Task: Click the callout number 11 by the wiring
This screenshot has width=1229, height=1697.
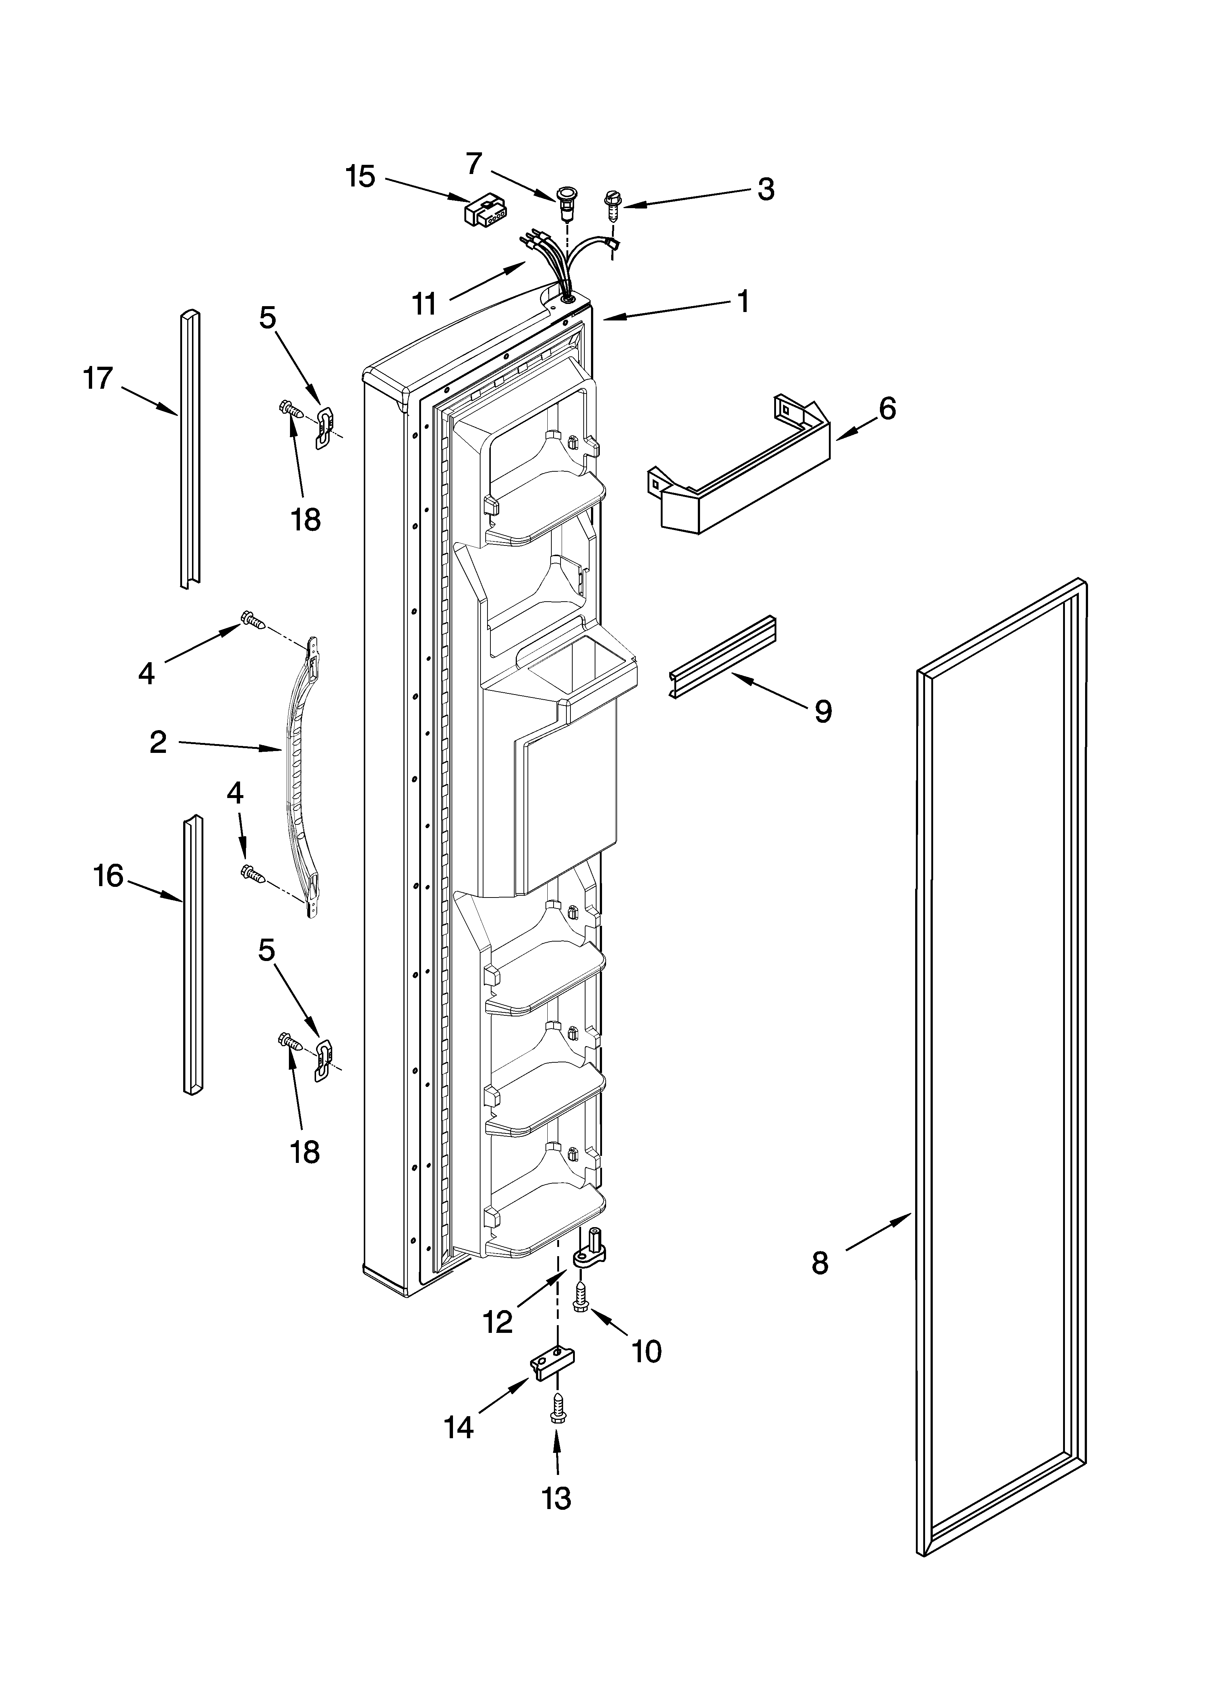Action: [424, 304]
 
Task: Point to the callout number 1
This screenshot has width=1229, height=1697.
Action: [742, 301]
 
